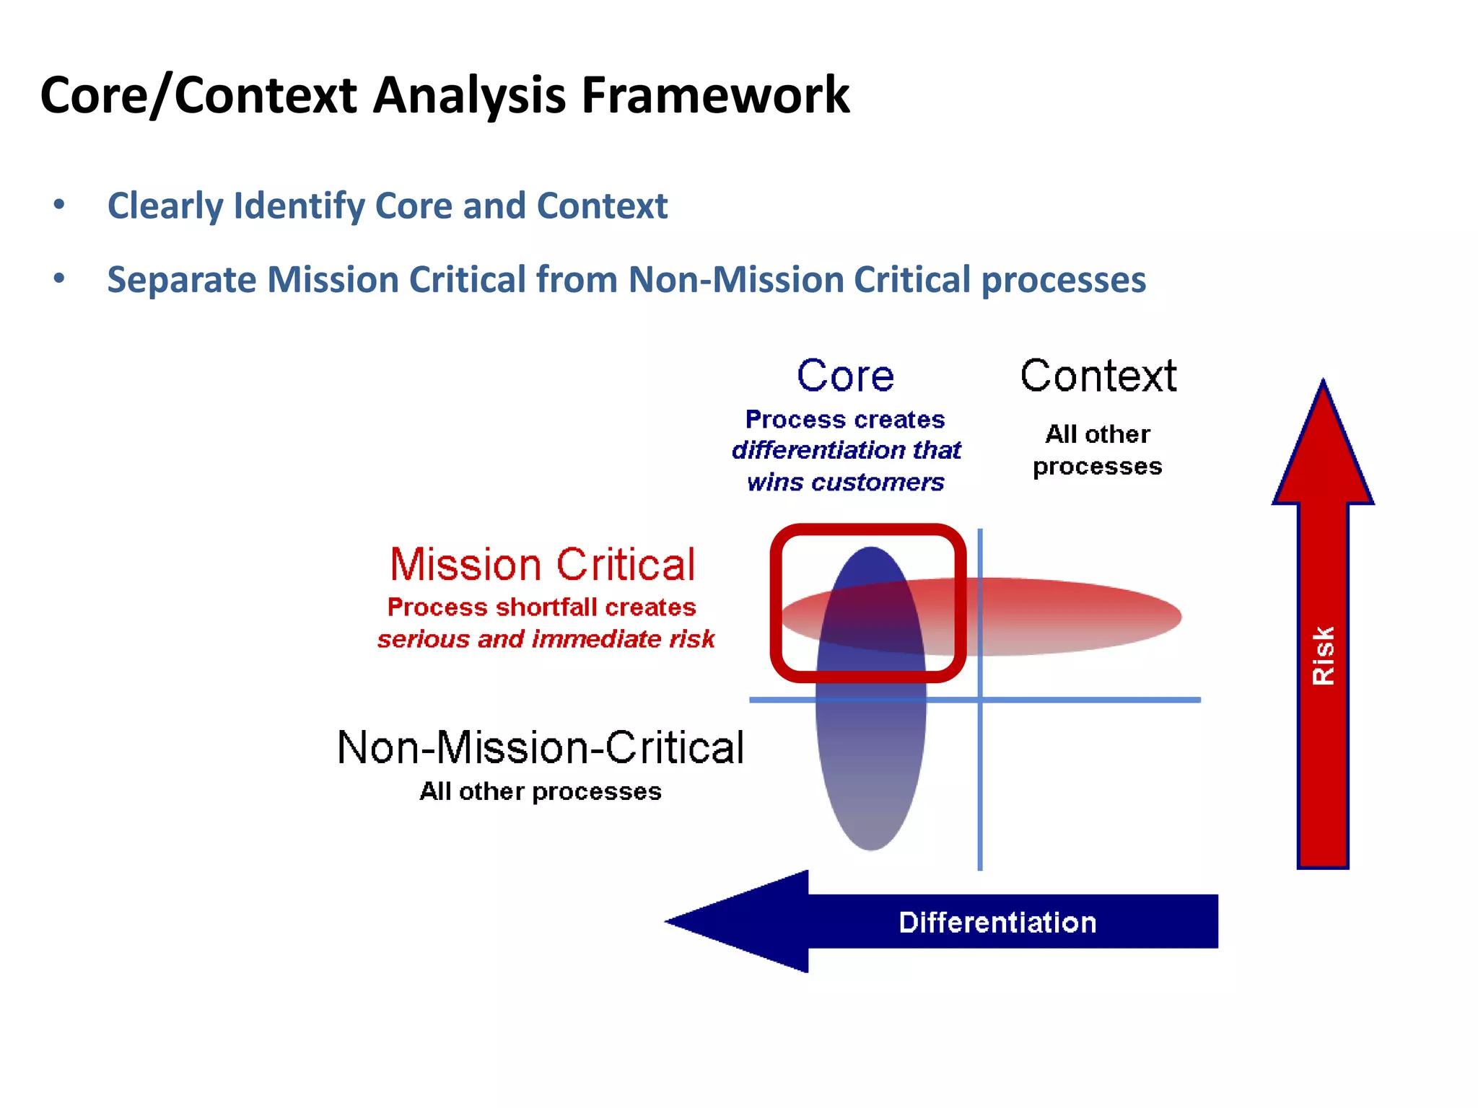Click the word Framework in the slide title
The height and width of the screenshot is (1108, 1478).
coord(714,95)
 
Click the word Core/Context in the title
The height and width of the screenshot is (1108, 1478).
coord(198,95)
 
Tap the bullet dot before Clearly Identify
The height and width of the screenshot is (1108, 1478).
coord(59,205)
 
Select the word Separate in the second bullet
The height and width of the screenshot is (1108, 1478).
coord(180,280)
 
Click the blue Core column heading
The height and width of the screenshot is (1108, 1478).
coord(845,376)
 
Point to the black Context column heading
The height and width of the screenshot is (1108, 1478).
coord(1098,376)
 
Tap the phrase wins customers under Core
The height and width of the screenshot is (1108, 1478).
coord(845,482)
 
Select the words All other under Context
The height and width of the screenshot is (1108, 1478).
coord(1098,434)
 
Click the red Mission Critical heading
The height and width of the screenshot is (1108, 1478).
coord(543,564)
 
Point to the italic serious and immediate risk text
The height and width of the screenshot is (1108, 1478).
coord(546,639)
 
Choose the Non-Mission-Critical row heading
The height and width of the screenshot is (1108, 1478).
coord(540,747)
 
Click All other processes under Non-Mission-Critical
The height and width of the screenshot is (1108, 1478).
coord(540,791)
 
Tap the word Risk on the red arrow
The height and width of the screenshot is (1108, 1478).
coord(1323,655)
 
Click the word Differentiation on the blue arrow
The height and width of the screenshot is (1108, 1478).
coord(997,923)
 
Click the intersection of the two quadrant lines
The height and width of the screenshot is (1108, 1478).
coord(980,700)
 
